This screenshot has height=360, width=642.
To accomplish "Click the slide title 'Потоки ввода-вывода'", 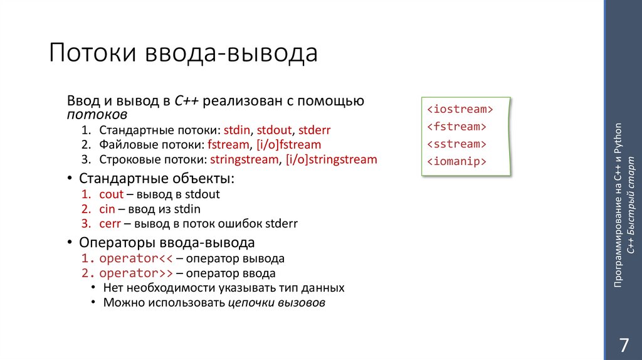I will tap(183, 54).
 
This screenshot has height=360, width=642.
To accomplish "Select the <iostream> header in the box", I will tap(460, 110).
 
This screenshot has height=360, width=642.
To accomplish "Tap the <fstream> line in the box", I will tap(457, 127).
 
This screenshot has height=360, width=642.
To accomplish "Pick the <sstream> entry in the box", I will tap(457, 144).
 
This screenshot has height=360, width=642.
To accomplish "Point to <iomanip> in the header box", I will tap(457, 161).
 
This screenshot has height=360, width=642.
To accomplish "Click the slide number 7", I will tap(623, 346).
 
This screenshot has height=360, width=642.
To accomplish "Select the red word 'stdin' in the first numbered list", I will tap(238, 130).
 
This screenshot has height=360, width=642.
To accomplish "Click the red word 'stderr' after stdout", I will tap(314, 130).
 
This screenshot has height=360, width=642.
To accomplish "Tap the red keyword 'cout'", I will tap(111, 194).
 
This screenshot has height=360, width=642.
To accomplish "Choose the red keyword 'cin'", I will tap(107, 209).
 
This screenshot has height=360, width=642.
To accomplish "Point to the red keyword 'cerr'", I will tap(111, 223).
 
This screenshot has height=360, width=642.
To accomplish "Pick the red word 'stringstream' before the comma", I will tap(244, 159).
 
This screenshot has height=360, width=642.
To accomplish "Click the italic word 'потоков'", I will tap(97, 115).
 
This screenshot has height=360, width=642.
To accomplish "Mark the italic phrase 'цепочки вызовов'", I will tap(276, 303).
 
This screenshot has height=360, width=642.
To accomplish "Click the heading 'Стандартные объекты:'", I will tap(157, 179).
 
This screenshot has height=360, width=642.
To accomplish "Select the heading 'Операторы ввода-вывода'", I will tap(167, 243).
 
